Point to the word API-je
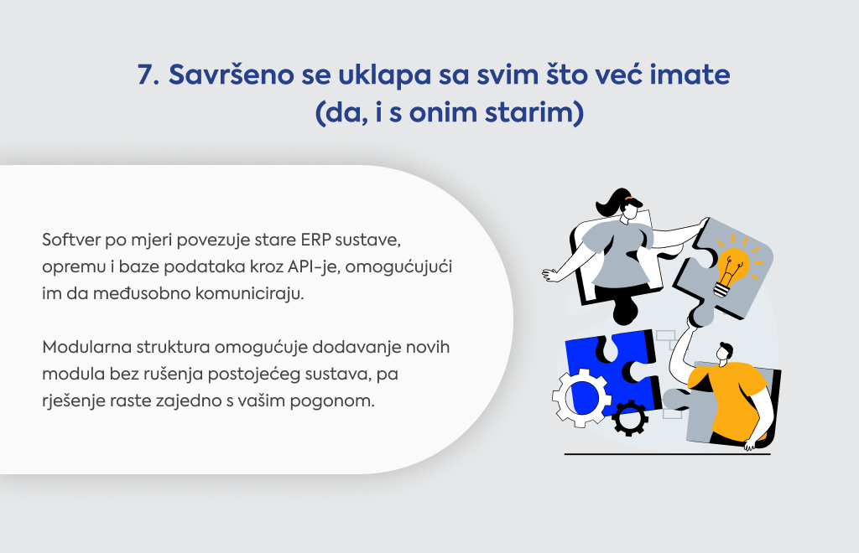311,266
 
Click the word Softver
71,240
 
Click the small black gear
630,417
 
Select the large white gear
581,398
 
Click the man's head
724,352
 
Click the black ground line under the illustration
667,454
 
